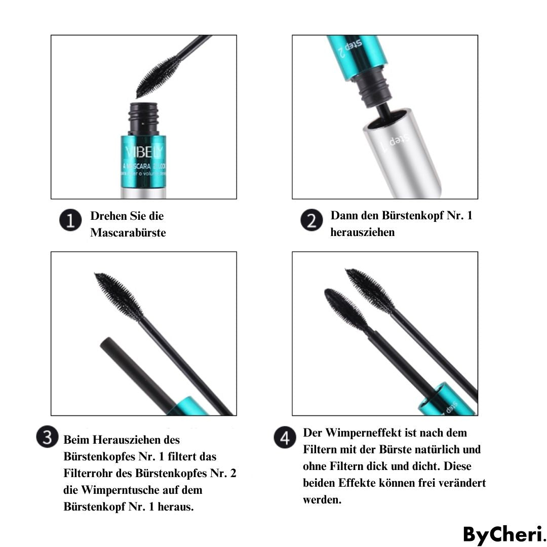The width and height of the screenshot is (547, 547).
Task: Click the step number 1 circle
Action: coord(70,221)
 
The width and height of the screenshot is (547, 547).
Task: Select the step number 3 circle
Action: coord(48,438)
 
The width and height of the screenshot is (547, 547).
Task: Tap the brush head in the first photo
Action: coord(158,76)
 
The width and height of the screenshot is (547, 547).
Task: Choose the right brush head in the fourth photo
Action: coord(369,290)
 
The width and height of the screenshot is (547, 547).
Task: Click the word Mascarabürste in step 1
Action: coord(128,233)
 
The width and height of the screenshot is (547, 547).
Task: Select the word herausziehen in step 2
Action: coord(362,232)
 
